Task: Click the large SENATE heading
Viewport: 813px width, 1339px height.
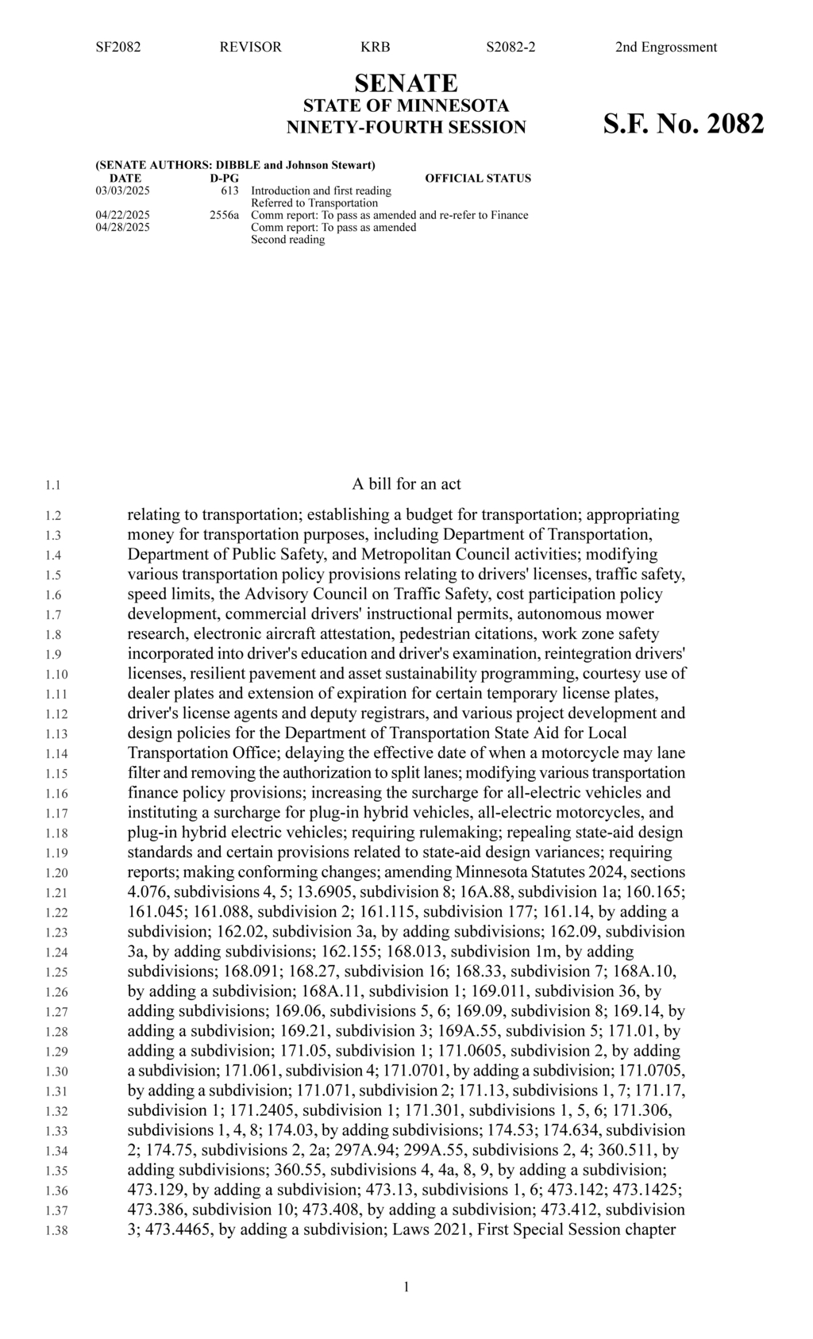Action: (x=406, y=83)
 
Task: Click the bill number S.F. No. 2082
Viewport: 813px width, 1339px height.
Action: (x=684, y=125)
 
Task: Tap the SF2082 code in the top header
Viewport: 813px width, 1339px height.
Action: (x=118, y=47)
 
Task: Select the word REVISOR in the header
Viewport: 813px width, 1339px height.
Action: (x=250, y=47)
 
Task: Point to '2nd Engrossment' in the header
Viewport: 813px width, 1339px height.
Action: (x=665, y=47)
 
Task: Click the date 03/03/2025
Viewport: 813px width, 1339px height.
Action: (x=122, y=190)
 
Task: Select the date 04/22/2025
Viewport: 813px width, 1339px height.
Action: (x=122, y=215)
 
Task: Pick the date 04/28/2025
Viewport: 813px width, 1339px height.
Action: (x=122, y=227)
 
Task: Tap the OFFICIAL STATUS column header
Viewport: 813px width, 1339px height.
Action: (x=478, y=178)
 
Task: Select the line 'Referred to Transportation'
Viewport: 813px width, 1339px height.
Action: (x=314, y=203)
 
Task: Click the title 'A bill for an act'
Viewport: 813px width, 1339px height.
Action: (x=406, y=484)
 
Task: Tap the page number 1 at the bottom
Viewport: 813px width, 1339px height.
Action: (x=406, y=1287)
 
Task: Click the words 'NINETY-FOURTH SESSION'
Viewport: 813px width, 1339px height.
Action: (x=406, y=127)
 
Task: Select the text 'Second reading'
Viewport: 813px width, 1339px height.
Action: (x=287, y=240)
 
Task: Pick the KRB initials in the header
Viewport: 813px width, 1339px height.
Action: (x=375, y=47)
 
